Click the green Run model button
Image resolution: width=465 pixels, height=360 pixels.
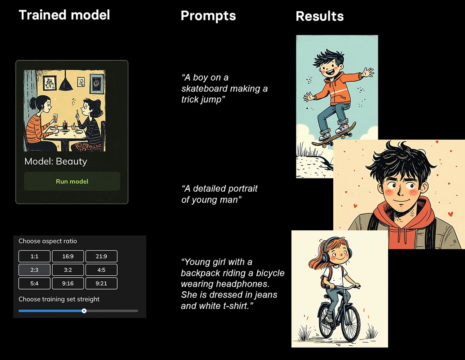72,181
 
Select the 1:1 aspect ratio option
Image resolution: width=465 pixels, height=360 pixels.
34,256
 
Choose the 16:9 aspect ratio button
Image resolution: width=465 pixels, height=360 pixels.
68,256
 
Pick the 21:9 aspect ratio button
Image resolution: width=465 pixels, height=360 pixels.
102,256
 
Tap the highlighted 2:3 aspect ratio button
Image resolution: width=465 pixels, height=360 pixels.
34,270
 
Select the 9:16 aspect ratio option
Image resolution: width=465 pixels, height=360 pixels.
68,283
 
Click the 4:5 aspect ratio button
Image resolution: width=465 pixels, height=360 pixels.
102,270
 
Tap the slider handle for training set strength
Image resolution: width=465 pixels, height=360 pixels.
84,310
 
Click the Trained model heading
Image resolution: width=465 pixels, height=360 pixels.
64,15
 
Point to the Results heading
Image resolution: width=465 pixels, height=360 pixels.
320,16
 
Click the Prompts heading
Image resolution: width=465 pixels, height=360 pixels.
208,16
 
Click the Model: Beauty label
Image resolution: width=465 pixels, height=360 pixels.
56,161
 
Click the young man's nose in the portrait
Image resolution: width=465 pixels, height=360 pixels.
400,191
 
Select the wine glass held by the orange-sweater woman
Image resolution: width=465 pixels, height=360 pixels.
55,118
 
